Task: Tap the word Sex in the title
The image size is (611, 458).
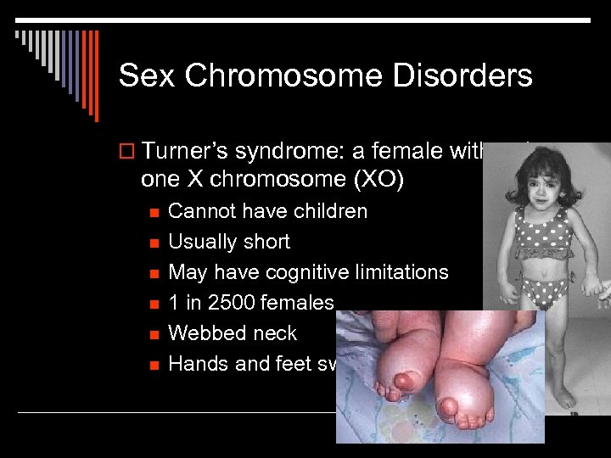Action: [149, 76]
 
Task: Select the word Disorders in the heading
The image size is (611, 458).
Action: [457, 76]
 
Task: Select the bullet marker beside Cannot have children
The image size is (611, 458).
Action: [153, 212]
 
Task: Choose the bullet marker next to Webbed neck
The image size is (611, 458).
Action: [153, 334]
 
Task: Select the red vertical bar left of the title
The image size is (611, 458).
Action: [94, 76]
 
